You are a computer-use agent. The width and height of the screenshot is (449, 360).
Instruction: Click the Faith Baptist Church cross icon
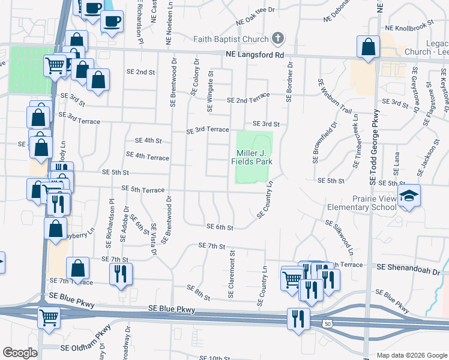277,40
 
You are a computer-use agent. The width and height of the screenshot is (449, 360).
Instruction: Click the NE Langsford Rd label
255,55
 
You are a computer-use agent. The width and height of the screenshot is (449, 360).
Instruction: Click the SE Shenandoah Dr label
408,271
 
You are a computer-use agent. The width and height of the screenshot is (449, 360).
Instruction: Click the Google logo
20,353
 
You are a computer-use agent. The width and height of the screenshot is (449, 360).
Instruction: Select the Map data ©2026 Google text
411,355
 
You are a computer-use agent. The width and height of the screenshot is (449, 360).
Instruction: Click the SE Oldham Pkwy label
86,347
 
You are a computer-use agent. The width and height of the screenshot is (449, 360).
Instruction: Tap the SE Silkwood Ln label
339,235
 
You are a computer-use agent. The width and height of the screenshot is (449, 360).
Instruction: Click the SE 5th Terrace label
143,190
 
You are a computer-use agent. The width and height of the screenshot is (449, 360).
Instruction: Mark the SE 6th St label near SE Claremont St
219,227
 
